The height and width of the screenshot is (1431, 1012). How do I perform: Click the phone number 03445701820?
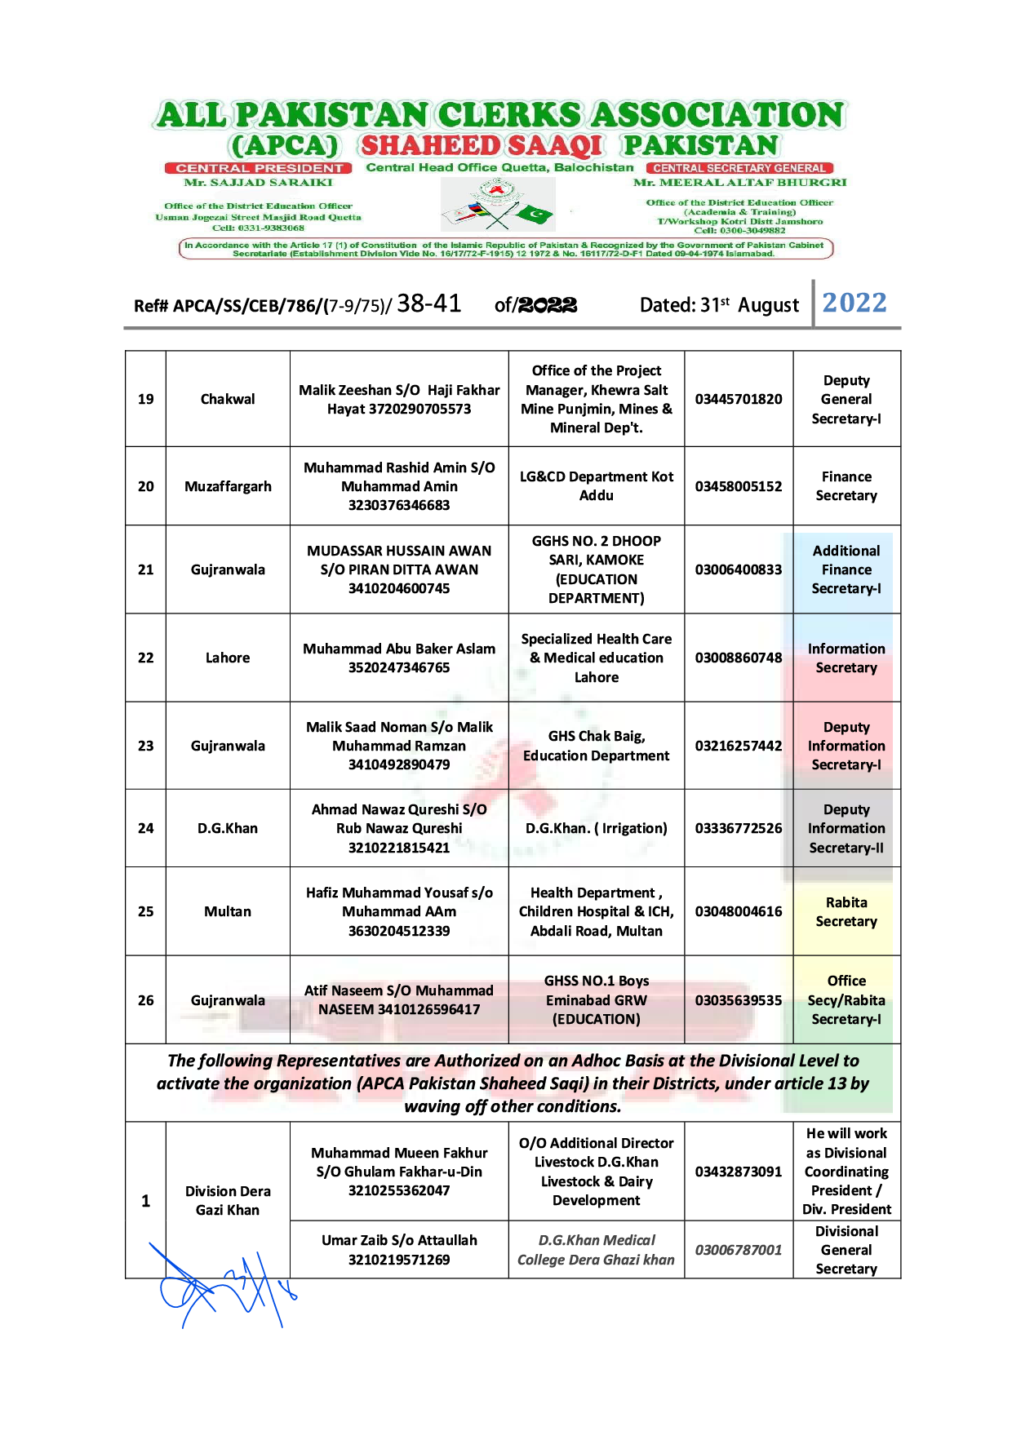click(x=739, y=399)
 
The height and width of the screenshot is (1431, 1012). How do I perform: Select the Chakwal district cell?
click(x=228, y=399)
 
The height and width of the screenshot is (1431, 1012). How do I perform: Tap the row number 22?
click(x=145, y=658)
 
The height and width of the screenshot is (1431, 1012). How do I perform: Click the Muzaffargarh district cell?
click(x=228, y=486)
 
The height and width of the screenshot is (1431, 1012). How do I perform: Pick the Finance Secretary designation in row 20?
click(x=846, y=486)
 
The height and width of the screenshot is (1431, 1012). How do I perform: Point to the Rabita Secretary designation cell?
click(x=846, y=912)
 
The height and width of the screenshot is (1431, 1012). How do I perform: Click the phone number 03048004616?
click(x=739, y=911)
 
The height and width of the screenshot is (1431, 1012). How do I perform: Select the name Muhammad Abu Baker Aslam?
click(x=399, y=649)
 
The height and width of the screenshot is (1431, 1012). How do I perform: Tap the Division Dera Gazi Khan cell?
click(x=228, y=1200)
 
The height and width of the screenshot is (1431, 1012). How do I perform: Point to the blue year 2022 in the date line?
click(x=854, y=303)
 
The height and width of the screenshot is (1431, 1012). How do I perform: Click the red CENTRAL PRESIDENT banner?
click(x=259, y=168)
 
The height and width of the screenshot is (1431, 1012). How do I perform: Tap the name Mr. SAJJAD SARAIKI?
click(x=259, y=182)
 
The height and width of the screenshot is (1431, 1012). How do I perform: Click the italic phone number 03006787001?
click(x=739, y=1250)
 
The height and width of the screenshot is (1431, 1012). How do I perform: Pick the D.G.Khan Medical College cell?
click(x=596, y=1250)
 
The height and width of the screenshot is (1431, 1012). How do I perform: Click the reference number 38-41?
click(x=429, y=303)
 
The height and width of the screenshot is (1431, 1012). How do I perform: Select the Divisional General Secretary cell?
click(x=846, y=1250)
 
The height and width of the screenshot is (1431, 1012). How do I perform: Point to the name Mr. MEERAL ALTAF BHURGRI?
click(x=740, y=182)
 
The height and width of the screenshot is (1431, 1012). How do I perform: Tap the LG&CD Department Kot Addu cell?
click(x=596, y=486)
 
